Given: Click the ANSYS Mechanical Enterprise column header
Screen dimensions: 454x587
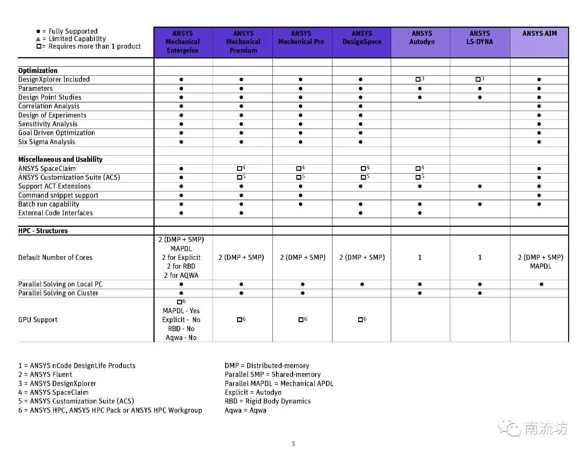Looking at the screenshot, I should point(183,42).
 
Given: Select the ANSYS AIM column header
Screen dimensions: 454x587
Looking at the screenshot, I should point(539,34).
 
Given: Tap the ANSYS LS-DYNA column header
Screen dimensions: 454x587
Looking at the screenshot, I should point(480,38).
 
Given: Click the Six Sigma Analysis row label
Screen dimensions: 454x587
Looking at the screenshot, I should point(47,142).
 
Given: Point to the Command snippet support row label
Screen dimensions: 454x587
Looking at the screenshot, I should point(58,195).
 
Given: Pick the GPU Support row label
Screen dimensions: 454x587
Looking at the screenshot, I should point(38,320).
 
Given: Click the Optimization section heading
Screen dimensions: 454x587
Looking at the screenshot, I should point(38,71).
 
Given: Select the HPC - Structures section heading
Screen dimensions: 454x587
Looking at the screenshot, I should point(43,231).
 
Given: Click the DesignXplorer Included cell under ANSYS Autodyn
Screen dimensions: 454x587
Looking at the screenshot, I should point(419,79).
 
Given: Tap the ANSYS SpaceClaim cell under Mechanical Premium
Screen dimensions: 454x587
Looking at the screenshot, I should point(241,168).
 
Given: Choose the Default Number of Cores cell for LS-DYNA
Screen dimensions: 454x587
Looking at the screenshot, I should point(480,258).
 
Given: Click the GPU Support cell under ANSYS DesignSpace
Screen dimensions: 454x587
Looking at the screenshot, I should point(361,319).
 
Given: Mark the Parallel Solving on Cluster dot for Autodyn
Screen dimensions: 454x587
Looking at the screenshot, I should point(420,293).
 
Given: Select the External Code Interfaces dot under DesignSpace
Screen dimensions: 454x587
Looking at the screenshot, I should point(360,213).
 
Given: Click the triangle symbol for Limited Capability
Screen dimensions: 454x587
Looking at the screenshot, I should point(38,39).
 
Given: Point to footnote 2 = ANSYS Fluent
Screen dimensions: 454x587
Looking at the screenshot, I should point(45,375).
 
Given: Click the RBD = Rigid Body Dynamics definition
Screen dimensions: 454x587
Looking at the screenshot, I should point(267,401).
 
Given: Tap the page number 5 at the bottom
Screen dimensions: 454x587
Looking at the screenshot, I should point(293,443).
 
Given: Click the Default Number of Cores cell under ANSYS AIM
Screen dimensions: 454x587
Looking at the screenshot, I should point(540,262).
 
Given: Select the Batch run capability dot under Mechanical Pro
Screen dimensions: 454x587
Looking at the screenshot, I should point(300,204).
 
